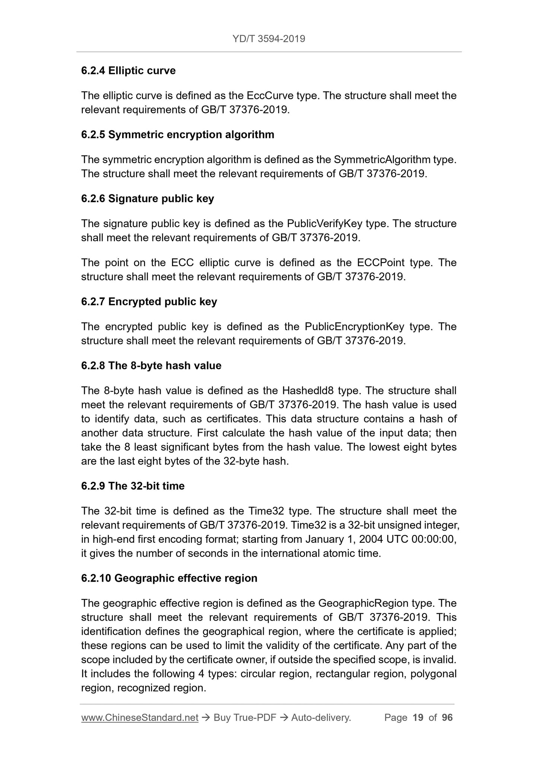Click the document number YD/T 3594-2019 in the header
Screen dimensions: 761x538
pos(269,39)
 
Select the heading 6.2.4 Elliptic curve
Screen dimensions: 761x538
pos(128,71)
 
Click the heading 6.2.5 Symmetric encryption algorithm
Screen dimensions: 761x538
pos(178,134)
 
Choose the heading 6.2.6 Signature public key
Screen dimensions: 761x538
pos(147,198)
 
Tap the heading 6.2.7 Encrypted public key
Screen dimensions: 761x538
pos(149,301)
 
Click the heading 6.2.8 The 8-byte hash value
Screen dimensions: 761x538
pos(151,366)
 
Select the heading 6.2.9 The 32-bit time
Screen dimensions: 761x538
pos(133,486)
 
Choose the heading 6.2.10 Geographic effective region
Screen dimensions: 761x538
pos(169,578)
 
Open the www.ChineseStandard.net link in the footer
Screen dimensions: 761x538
pos(140,717)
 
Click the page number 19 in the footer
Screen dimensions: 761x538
pos(418,717)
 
